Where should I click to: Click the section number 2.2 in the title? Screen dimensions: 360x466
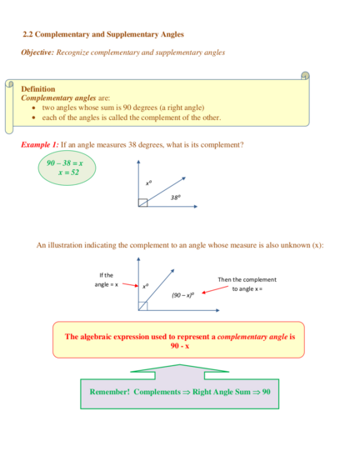27,34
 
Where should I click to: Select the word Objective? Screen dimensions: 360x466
37,53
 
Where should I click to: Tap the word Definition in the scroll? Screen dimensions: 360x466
38,89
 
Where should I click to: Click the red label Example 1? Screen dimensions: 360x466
40,145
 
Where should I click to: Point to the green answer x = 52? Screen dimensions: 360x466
68,173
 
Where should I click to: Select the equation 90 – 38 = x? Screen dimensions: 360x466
65,163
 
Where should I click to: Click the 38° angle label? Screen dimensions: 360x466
176,198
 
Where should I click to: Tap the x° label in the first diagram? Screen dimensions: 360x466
148,183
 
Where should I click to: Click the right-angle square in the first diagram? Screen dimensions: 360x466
142,203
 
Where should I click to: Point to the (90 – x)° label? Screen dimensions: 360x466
183,295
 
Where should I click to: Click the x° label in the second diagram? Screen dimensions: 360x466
145,286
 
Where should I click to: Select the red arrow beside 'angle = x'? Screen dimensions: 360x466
130,285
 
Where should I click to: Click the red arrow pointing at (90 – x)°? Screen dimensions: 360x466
215,290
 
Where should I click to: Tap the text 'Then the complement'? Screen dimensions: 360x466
247,279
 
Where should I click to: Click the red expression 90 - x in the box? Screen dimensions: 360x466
180,346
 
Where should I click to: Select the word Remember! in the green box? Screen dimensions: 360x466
110,392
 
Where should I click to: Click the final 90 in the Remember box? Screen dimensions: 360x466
266,392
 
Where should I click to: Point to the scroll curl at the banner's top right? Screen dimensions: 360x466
305,76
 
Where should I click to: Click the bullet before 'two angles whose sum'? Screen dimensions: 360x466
34,108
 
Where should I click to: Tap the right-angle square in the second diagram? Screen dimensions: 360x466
142,306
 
